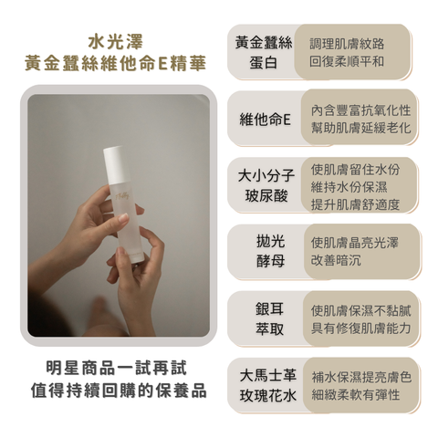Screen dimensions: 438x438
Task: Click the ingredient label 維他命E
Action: point(264,120)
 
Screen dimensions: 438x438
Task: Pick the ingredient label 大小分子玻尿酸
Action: point(265,185)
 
